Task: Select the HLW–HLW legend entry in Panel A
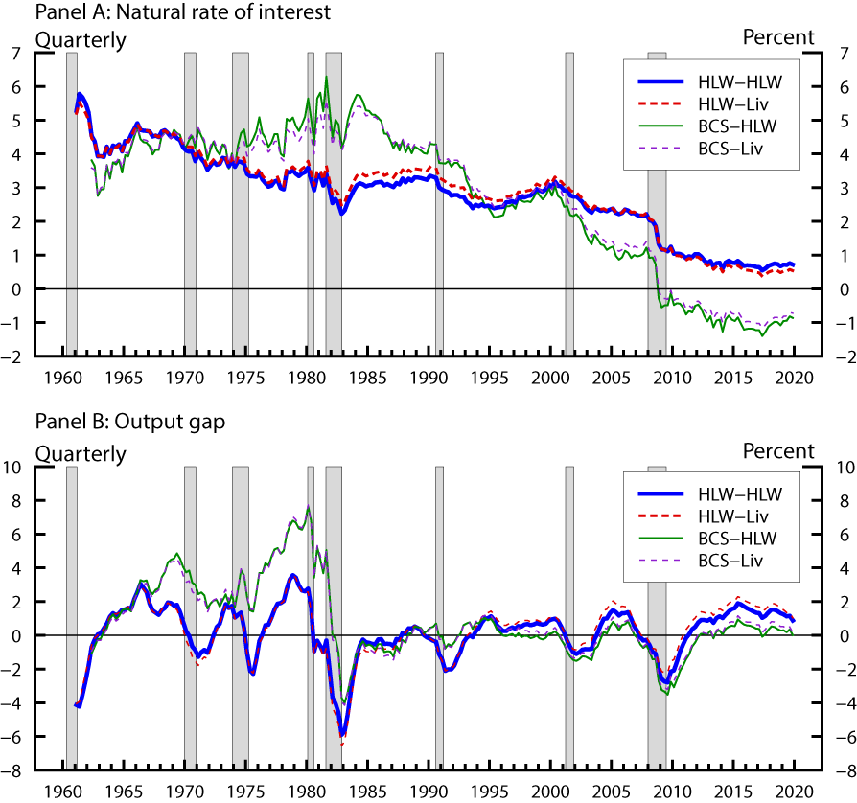pos(733,80)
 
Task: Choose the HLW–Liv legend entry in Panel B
pos(733,516)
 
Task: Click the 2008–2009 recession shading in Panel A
pos(657,192)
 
